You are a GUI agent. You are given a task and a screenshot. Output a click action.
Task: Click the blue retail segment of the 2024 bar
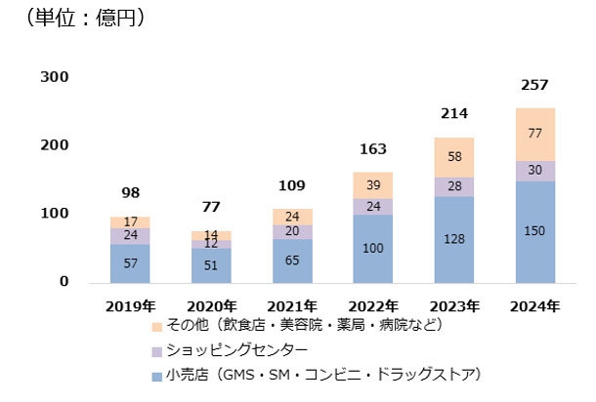(x=535, y=231)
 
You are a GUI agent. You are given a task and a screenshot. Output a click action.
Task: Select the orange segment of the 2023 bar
(x=454, y=157)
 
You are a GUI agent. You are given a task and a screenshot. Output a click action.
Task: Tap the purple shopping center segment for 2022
(x=373, y=206)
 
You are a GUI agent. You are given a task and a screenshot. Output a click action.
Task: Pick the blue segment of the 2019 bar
(x=130, y=263)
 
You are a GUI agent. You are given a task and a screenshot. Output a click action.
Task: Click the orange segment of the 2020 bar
(x=211, y=235)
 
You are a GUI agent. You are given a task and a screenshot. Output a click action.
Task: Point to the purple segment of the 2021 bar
(x=292, y=232)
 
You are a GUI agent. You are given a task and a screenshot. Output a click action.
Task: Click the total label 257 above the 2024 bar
(x=535, y=87)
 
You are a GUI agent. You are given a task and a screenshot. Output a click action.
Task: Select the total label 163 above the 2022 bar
(x=373, y=149)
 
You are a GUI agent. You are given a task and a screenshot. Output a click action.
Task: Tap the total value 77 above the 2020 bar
(x=211, y=207)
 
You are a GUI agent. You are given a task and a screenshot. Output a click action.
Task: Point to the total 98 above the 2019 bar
(x=130, y=193)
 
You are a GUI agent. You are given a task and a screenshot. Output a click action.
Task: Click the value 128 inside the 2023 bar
(x=454, y=240)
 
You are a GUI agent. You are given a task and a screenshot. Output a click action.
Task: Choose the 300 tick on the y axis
(x=56, y=77)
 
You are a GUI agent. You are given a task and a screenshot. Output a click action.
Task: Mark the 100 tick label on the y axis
(x=56, y=214)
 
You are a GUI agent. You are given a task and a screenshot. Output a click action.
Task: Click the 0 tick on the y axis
(x=64, y=282)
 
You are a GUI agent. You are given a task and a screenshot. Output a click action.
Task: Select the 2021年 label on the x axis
(x=292, y=305)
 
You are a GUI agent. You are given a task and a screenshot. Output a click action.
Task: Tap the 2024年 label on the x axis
(x=535, y=305)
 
